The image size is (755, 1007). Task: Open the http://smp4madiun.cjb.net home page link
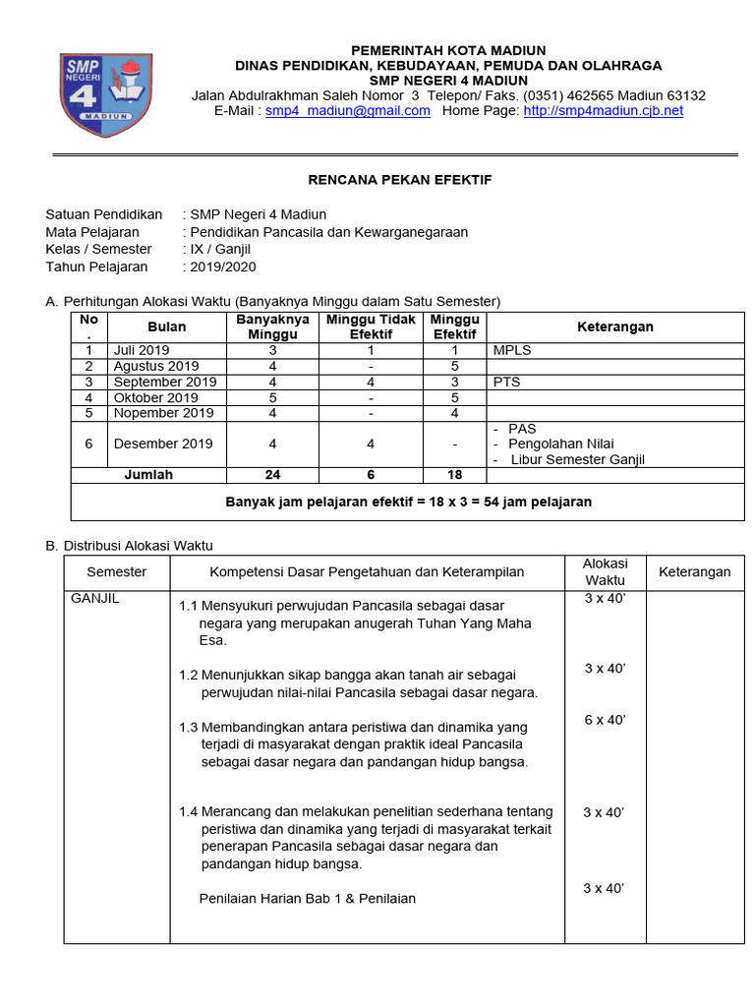[x=603, y=111]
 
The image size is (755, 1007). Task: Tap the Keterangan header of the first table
[x=614, y=326]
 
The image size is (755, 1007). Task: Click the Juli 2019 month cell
[x=142, y=350]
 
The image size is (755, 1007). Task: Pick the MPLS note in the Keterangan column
[x=512, y=350]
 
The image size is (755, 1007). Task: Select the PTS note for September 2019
[x=506, y=382]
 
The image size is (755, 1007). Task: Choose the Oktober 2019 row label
[x=155, y=398]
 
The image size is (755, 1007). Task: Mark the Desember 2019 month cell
[x=163, y=444]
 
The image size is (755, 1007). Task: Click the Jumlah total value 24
[x=272, y=475]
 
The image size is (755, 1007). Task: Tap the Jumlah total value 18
[x=454, y=475]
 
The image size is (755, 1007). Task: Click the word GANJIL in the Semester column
[x=94, y=598]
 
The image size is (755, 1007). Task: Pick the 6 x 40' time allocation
[x=605, y=720]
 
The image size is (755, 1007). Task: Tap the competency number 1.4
[x=189, y=811]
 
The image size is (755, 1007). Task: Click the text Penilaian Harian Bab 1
[x=274, y=898]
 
